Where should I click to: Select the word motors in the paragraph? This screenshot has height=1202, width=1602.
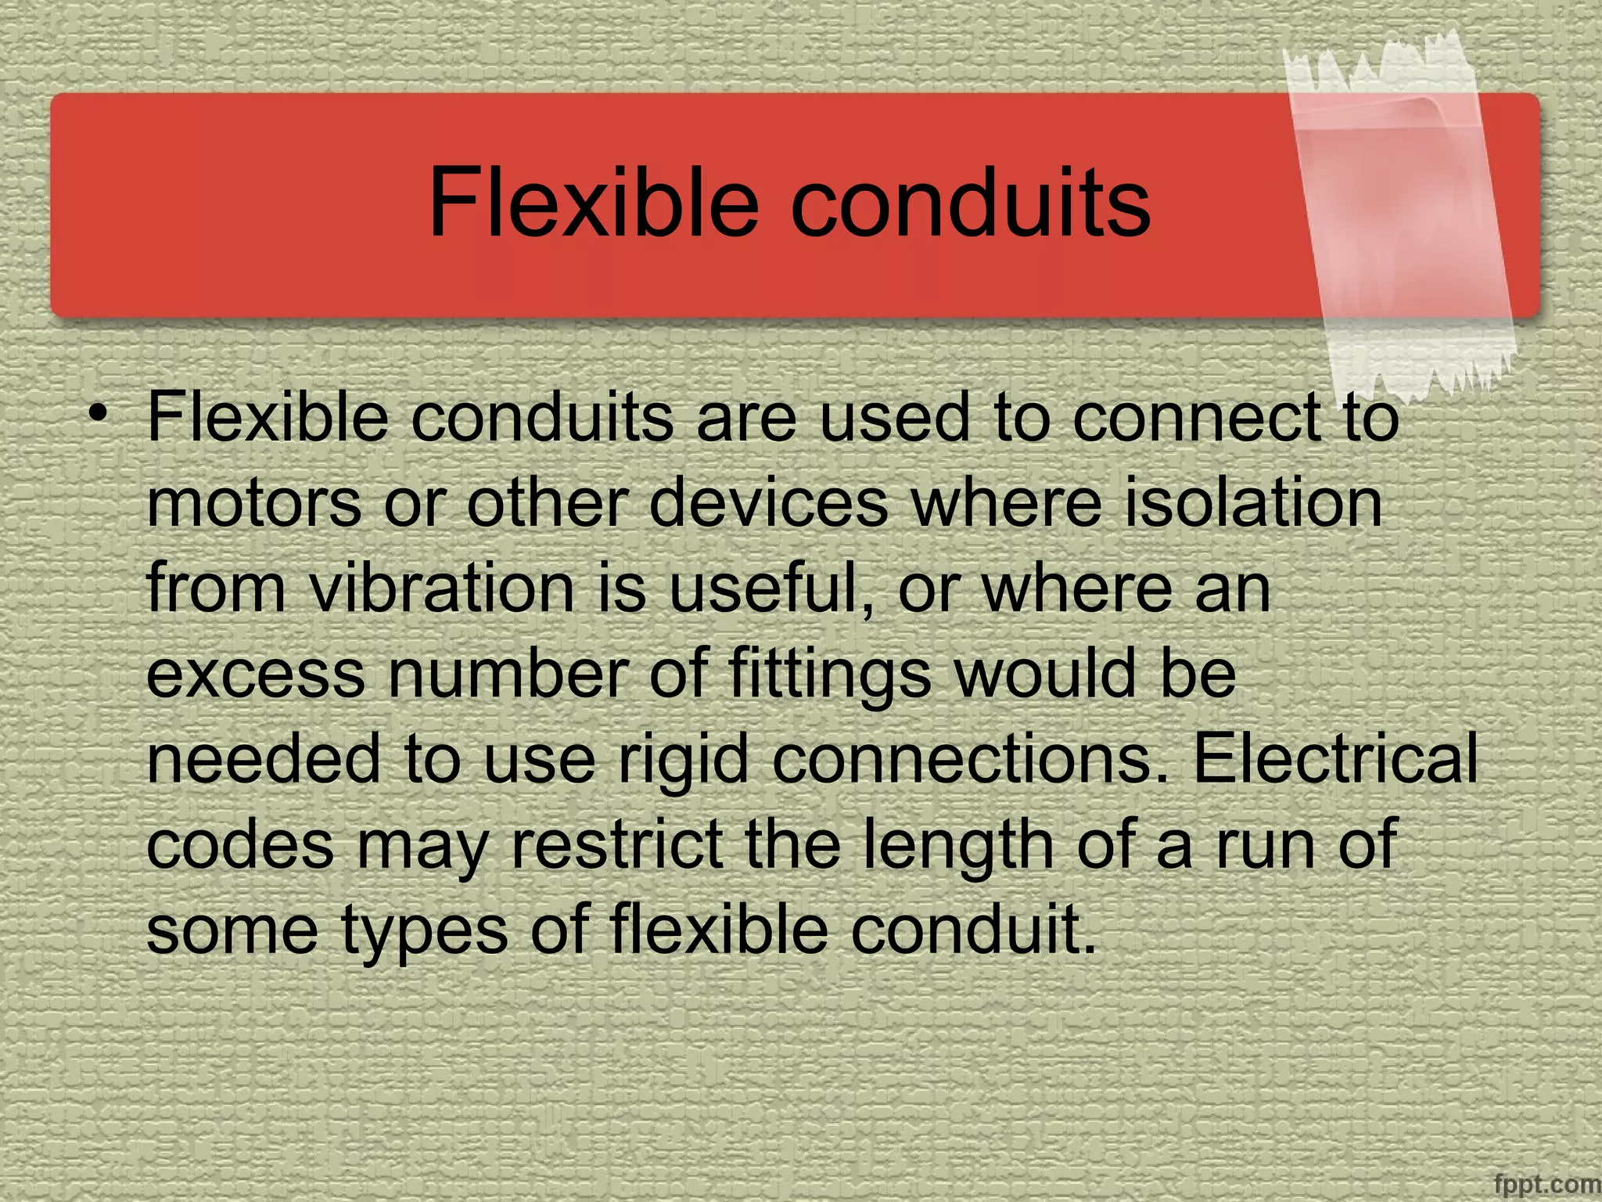pyautogui.click(x=254, y=503)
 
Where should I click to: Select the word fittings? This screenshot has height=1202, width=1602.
pyautogui.click(x=829, y=675)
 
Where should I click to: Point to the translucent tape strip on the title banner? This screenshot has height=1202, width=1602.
pyautogui.click(x=1400, y=211)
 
